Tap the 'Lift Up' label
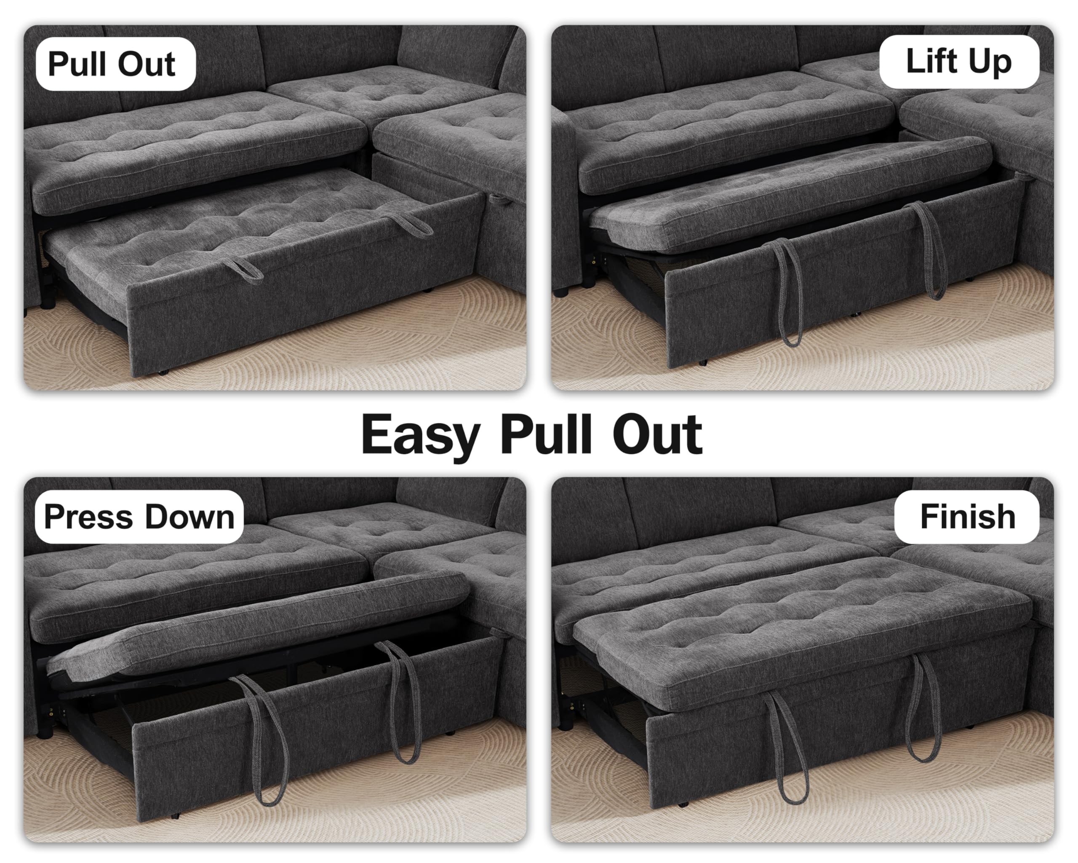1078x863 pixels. point(958,62)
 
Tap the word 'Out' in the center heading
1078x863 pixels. point(657,434)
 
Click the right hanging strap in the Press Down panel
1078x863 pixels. point(403,700)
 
